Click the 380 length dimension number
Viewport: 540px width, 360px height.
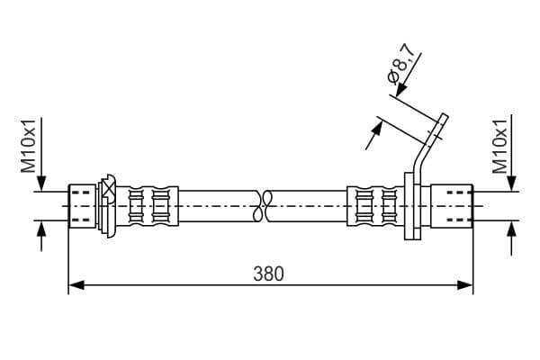coord(268,274)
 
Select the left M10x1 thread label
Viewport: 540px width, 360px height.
coord(28,146)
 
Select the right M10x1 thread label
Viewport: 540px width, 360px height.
coord(500,147)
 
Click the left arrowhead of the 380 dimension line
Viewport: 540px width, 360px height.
coord(76,285)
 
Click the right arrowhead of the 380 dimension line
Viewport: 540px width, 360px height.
coord(465,285)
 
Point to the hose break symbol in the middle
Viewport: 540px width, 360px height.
coord(263,206)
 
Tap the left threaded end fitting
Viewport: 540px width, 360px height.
coord(82,206)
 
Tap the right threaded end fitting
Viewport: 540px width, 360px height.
coord(452,206)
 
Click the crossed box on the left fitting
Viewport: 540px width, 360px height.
coord(109,191)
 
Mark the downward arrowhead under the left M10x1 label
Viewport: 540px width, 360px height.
coord(41,183)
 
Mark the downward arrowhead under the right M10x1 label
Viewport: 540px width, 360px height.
coord(512,183)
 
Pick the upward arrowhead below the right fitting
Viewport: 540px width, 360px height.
coord(512,229)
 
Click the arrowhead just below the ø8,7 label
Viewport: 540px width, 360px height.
coord(401,90)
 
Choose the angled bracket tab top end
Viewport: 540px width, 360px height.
coord(445,116)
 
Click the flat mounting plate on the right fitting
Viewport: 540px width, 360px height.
coord(412,206)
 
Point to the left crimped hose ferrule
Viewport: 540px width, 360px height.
coord(148,206)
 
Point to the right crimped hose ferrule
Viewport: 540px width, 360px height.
coord(375,206)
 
